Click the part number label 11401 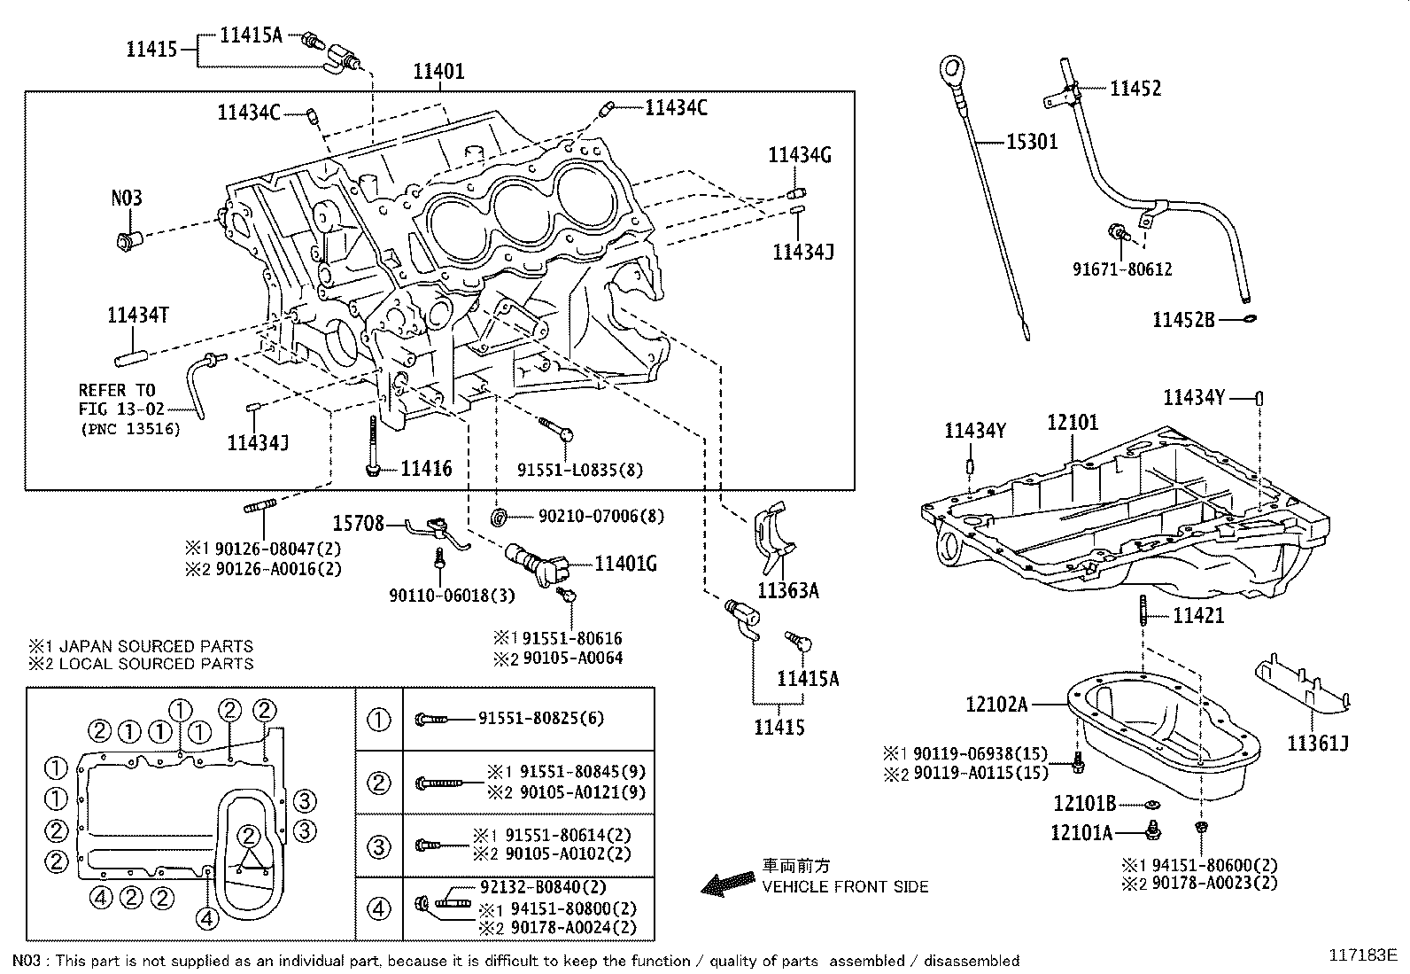point(439,71)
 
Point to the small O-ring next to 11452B point(1249,317)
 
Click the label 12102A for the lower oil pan point(996,705)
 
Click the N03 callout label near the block point(126,198)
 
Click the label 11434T point(138,315)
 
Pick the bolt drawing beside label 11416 point(373,448)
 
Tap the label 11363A point(787,589)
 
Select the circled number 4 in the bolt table point(378,908)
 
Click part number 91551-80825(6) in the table point(541,719)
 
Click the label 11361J point(1318,743)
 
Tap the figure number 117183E point(1362,955)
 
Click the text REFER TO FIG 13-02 point(117,400)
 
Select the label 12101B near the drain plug point(1084,804)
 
